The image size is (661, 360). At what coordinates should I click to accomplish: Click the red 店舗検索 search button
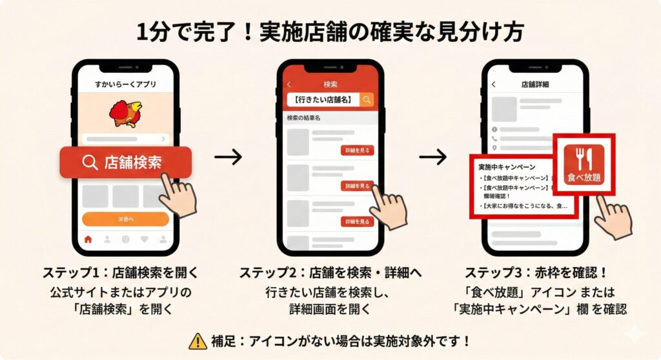pyautogui.click(x=125, y=162)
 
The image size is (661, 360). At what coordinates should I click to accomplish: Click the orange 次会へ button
pyautogui.click(x=125, y=219)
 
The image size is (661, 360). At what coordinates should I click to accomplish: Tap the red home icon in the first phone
pyautogui.click(x=88, y=239)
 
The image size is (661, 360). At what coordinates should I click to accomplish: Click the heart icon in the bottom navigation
pyautogui.click(x=145, y=239)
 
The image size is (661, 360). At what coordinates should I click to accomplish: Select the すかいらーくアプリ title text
pyautogui.click(x=125, y=85)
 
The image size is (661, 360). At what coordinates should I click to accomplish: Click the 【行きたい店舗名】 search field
pyautogui.click(x=323, y=99)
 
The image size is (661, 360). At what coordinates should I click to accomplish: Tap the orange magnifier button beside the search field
pyautogui.click(x=367, y=99)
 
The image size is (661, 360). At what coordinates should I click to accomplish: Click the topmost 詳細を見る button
pyautogui.click(x=358, y=150)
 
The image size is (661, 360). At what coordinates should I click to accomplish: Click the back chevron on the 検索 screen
pyautogui.click(x=289, y=85)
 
